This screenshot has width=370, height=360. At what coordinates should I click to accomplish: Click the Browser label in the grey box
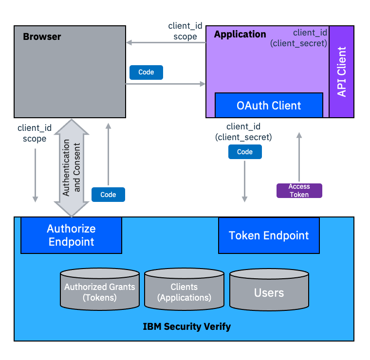[x=42, y=36]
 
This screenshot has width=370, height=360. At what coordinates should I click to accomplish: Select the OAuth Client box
[x=269, y=105]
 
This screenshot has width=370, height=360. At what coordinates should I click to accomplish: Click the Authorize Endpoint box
[x=71, y=235]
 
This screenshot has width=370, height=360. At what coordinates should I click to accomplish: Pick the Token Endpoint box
[x=269, y=235]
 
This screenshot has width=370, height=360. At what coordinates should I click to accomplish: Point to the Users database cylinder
[x=269, y=292]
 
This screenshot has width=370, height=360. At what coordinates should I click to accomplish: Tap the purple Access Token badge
[x=299, y=190]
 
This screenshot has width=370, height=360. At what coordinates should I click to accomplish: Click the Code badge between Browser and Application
[x=146, y=72]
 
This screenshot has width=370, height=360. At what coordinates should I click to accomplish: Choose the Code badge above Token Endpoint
[x=245, y=152]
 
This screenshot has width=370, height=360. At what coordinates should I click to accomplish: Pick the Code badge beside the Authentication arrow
[x=108, y=195]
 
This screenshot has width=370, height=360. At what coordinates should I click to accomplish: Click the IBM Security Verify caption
[x=186, y=326]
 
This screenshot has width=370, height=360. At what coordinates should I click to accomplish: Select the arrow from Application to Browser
[x=166, y=43]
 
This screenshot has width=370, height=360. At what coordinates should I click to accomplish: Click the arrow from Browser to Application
[x=166, y=84]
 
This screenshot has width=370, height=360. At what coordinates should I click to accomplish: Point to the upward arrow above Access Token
[x=299, y=156]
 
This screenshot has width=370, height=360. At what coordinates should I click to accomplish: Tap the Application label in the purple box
[x=240, y=35]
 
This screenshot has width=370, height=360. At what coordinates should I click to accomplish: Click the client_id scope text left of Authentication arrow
[x=35, y=133]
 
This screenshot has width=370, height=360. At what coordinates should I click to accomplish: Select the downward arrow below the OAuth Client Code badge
[x=245, y=180]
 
